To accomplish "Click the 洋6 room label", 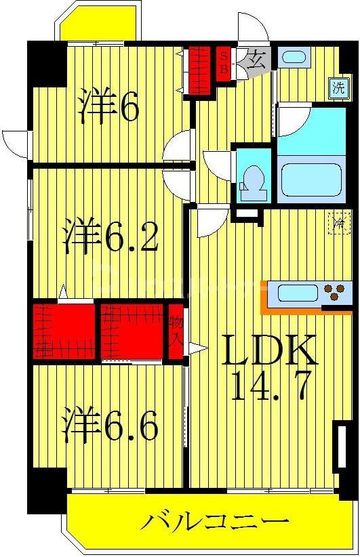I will [x=108, y=106].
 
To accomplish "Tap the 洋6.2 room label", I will [x=111, y=235].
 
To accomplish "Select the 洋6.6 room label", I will [x=111, y=424].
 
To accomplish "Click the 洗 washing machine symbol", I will [x=337, y=87].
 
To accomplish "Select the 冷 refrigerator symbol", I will [x=338, y=222].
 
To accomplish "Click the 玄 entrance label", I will [x=255, y=58].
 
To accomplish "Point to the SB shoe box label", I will [x=222, y=62].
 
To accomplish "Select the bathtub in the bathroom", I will [x=312, y=180].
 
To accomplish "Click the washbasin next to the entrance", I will [x=294, y=57].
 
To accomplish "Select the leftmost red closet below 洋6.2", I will [x=62, y=331].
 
